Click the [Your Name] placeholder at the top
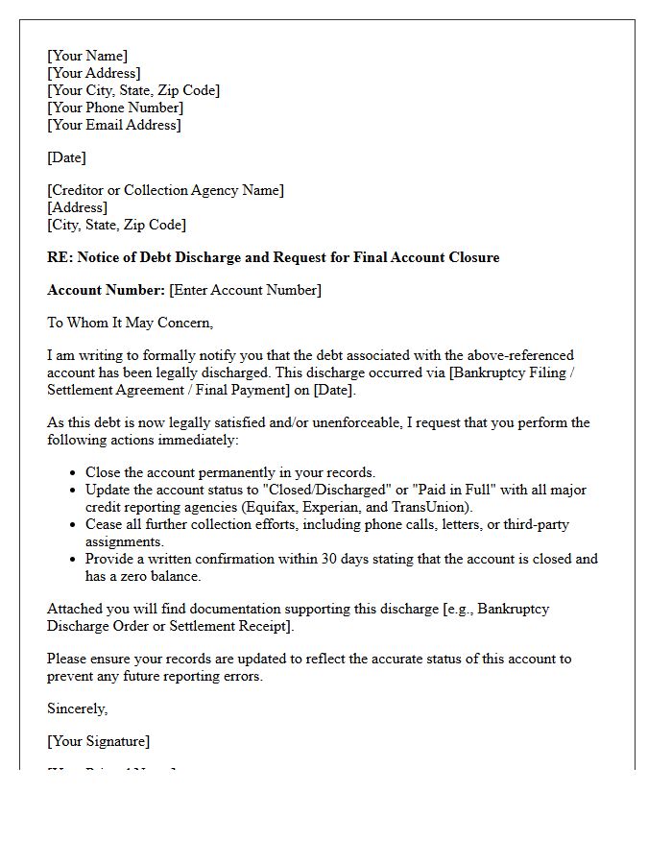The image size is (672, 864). pos(87,56)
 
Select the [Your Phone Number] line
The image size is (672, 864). pos(115,108)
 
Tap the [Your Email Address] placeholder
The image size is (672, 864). pos(114,125)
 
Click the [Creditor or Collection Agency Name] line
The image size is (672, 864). pos(165,190)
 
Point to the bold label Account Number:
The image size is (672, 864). pos(106,290)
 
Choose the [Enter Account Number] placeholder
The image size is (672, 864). pos(246,290)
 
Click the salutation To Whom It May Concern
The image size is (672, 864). pos(130,323)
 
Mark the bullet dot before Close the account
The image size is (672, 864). pos(74,473)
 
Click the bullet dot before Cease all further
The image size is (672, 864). pos(74,525)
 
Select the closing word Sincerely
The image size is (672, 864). pos(77,708)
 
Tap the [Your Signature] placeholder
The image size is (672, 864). pos(98,741)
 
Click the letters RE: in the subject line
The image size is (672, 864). pos(60,257)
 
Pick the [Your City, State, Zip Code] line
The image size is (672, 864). pos(133,90)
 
